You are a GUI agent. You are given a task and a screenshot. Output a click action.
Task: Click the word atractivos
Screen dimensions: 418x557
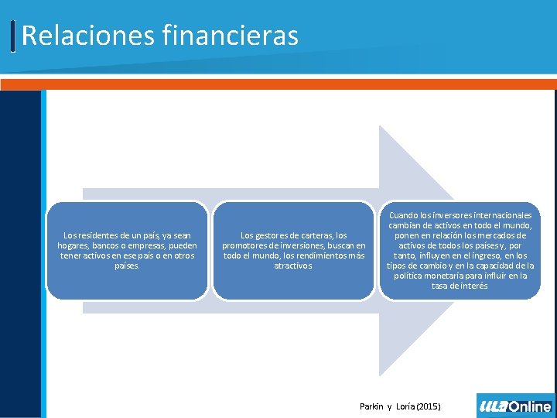293,266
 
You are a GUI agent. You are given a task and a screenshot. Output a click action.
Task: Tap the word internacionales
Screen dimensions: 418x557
501,215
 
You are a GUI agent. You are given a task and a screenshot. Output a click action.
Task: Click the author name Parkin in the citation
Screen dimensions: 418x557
373,406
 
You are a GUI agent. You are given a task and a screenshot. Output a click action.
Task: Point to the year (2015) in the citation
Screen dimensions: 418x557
426,406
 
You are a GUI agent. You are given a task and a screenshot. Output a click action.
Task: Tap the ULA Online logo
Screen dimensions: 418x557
516,406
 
